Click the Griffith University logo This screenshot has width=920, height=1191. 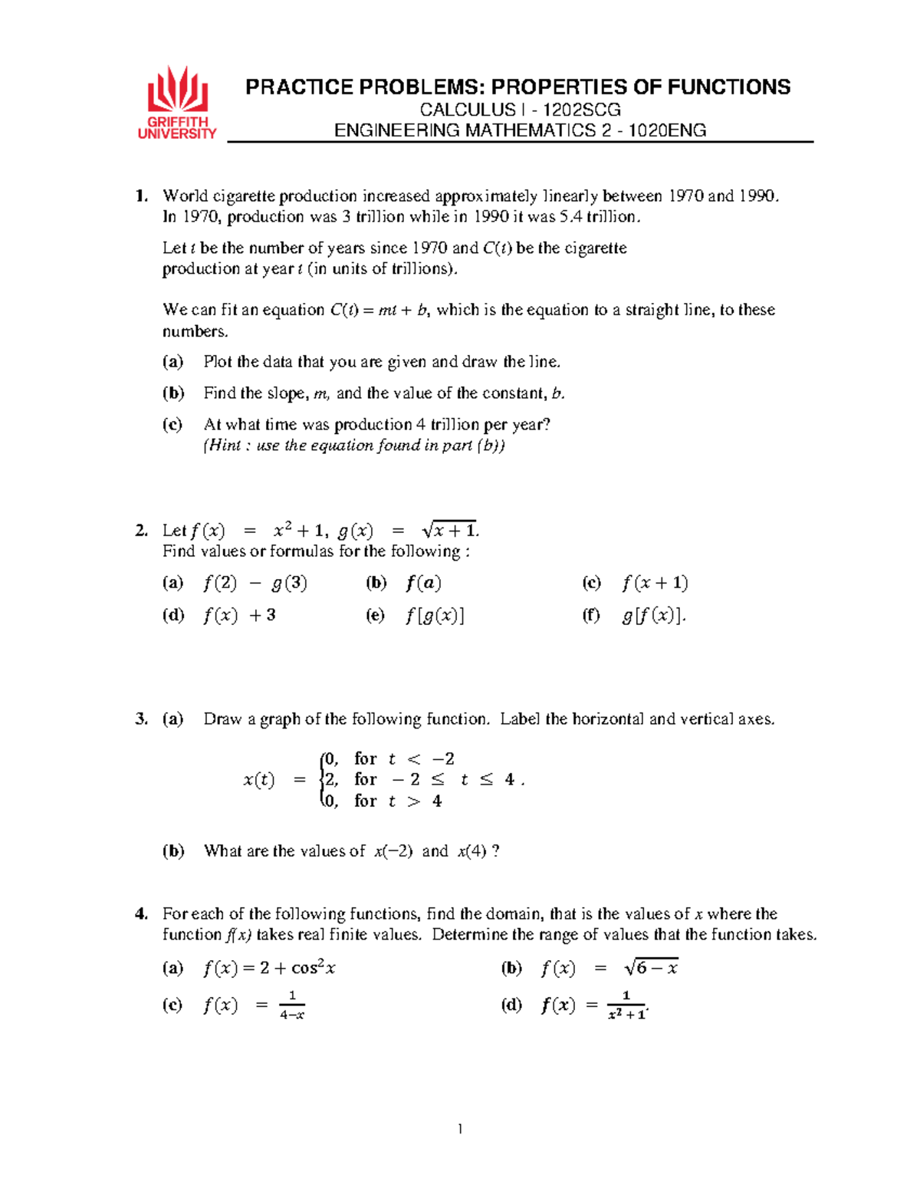point(177,103)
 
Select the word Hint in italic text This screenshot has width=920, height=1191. point(225,446)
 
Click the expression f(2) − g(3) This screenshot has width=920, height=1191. point(255,583)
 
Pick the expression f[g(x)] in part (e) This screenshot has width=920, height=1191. point(435,615)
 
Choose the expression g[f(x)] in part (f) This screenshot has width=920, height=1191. point(652,615)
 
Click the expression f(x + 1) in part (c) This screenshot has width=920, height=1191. point(655,583)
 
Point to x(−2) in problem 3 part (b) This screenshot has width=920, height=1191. point(393,851)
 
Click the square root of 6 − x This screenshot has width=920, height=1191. point(651,968)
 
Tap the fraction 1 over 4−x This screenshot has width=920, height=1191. point(292,1005)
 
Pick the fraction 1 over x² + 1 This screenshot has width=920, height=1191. point(626,1005)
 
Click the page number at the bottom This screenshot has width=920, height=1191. point(460,1128)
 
